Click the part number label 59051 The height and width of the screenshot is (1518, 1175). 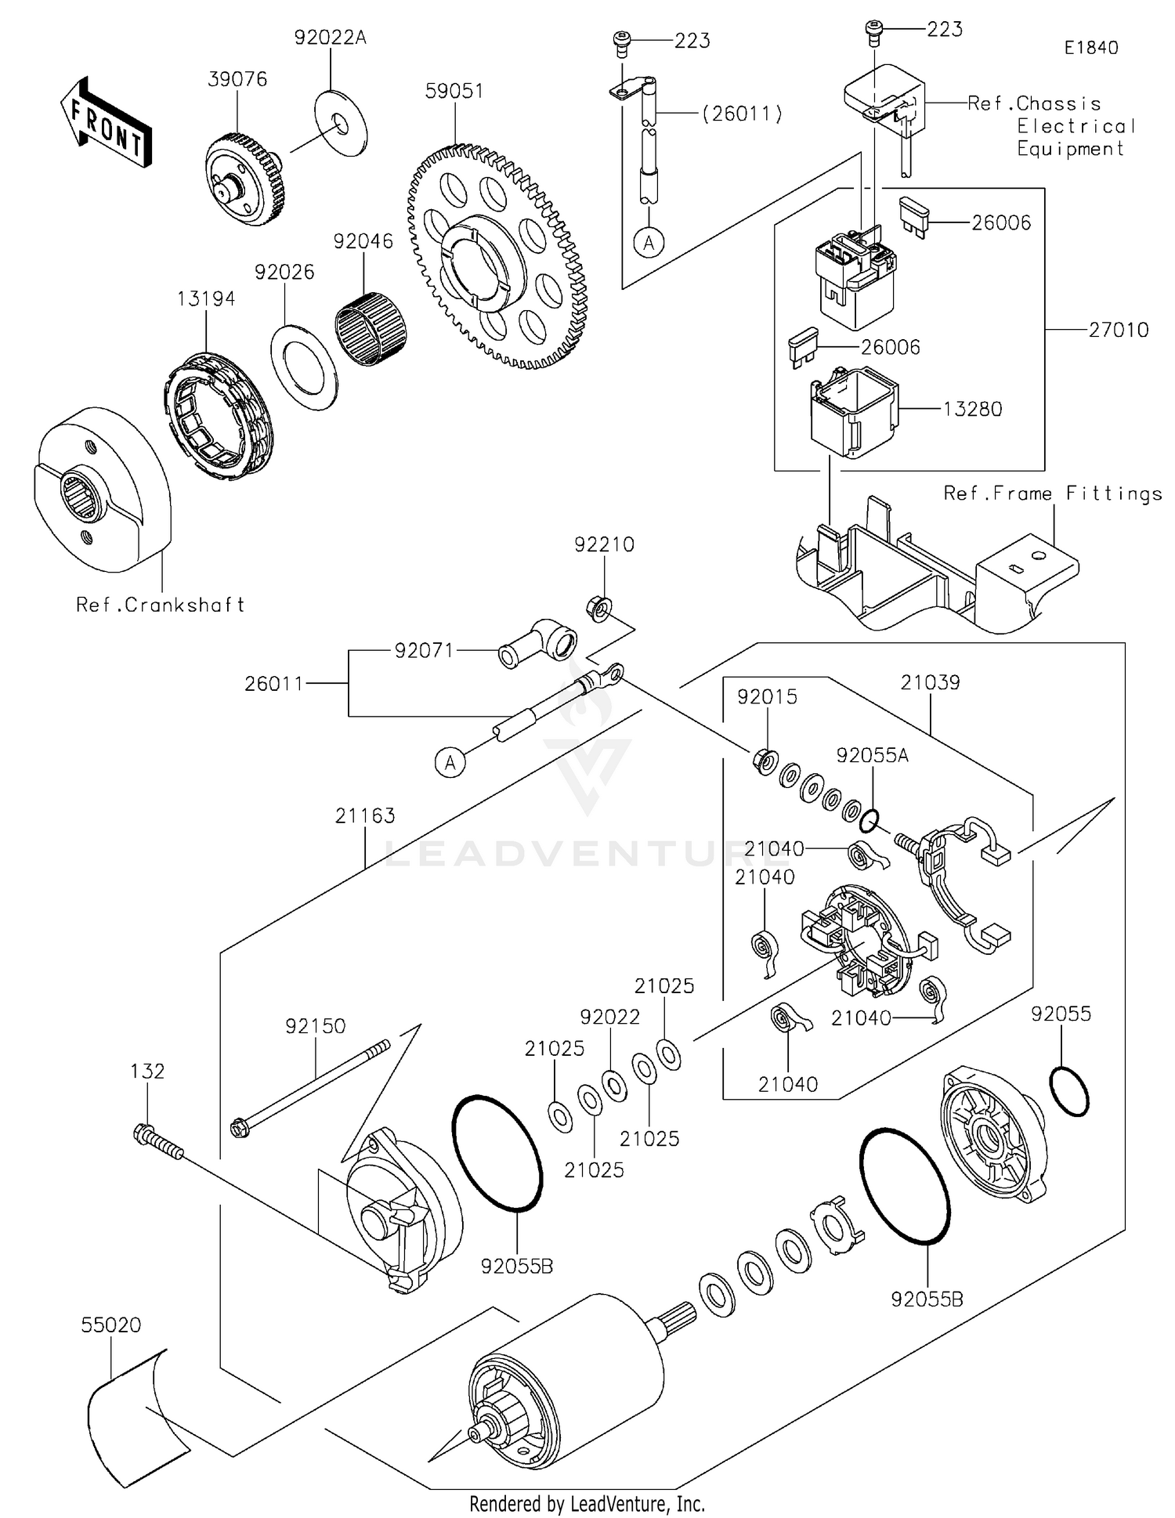pos(454,91)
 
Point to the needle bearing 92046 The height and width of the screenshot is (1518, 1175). pos(371,330)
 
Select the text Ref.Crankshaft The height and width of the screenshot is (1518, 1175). pos(160,605)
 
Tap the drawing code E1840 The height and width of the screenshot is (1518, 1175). pos(1090,48)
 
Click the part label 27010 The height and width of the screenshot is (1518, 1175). pos(1118,330)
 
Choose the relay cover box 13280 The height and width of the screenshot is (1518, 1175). pos(854,413)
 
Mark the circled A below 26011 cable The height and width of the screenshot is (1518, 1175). pos(450,761)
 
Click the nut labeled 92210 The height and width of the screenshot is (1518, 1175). pos(599,608)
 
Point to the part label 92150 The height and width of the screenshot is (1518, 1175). pos(315,1026)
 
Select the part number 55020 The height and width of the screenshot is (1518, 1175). pos(111,1325)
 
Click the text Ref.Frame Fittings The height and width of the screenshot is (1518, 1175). pos(1052,493)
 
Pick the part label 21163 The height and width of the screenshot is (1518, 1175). pos(365,816)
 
